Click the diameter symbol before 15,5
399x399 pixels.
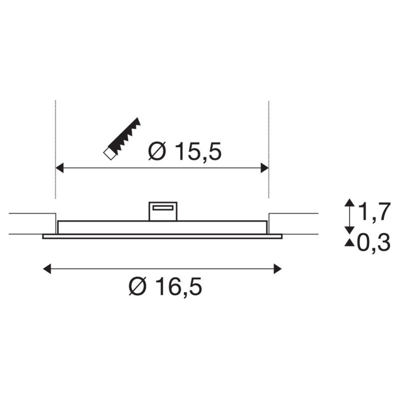coord(158,152)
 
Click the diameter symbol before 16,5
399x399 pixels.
coord(138,287)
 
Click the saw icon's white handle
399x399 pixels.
coord(109,153)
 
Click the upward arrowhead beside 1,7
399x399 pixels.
coord(350,202)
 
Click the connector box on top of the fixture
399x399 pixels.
coord(163,211)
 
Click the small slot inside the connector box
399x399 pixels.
coord(163,207)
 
